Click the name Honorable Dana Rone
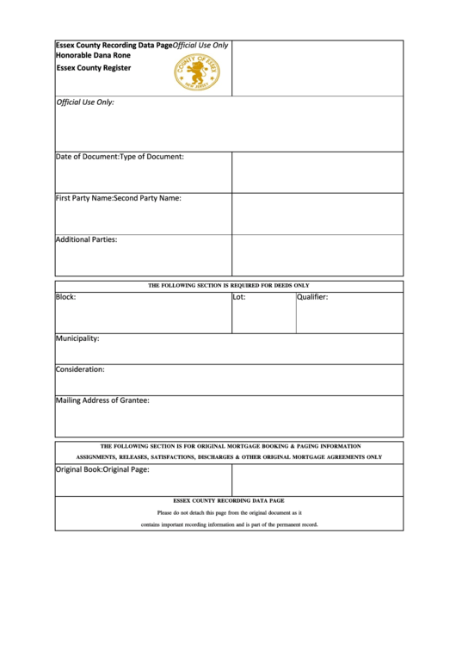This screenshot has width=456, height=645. [x=87, y=55]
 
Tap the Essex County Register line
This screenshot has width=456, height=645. [x=94, y=67]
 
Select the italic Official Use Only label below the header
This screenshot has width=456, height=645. [x=85, y=102]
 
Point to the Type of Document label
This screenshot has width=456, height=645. [x=151, y=157]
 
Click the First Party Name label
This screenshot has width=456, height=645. [x=84, y=198]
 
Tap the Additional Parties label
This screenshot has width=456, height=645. [x=86, y=239]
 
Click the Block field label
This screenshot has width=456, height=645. [x=66, y=297]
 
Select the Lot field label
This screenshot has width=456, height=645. [x=239, y=297]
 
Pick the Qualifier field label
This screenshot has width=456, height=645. [x=312, y=297]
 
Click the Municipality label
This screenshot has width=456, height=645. [x=77, y=338]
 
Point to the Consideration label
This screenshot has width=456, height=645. [x=80, y=369]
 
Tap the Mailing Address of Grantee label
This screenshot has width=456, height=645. [x=102, y=400]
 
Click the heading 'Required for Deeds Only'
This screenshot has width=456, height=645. [x=229, y=285]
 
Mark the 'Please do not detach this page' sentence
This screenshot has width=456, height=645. [x=229, y=512]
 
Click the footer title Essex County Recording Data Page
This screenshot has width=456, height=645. [x=229, y=500]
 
